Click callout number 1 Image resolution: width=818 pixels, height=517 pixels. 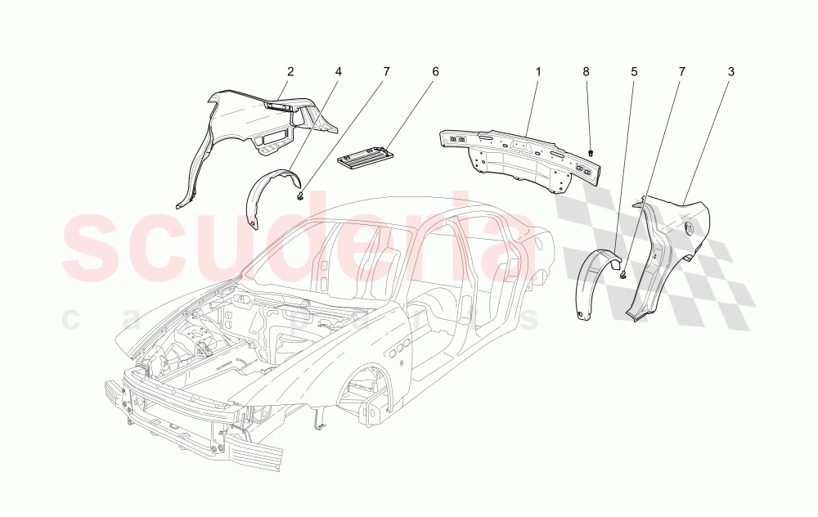[538, 72]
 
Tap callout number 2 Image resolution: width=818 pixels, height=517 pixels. [290, 72]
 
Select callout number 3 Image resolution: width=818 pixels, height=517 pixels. [730, 72]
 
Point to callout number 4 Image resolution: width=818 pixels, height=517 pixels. [338, 72]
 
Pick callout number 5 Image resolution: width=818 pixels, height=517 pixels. [634, 72]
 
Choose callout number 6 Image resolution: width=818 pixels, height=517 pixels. [435, 72]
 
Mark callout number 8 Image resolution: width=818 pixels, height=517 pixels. [586, 72]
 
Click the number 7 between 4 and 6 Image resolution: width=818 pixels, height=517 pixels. [386, 72]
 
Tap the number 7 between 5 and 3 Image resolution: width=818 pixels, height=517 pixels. [682, 72]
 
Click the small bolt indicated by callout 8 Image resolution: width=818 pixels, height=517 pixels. [591, 153]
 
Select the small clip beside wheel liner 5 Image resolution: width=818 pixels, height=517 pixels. [623, 276]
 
